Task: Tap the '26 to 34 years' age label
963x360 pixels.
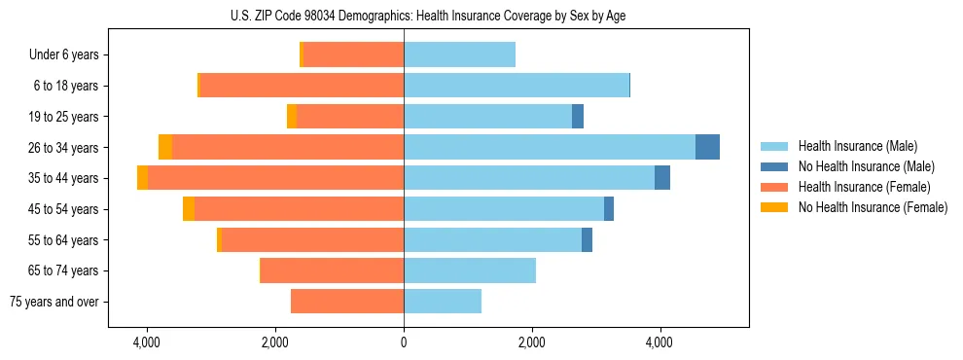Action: [x=63, y=148]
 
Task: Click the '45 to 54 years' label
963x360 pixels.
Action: [x=63, y=209]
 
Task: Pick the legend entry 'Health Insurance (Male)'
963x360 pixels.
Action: [x=857, y=146]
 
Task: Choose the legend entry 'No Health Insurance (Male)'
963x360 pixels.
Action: [x=866, y=166]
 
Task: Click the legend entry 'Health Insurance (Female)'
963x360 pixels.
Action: [x=863, y=187]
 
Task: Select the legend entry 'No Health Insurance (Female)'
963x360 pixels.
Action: [x=873, y=207]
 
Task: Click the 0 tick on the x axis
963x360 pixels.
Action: [x=404, y=342]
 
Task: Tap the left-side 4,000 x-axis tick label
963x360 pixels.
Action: [x=147, y=342]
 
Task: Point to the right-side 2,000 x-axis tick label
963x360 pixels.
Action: [x=532, y=342]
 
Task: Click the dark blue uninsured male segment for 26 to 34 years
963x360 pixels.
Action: [x=707, y=147]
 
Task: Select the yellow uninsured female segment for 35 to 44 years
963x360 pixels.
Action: [x=143, y=178]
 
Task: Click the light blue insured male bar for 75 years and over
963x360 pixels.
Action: [x=443, y=302]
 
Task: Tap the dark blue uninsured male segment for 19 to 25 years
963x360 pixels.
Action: [x=578, y=117]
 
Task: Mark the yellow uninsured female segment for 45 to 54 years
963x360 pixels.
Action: [x=189, y=209]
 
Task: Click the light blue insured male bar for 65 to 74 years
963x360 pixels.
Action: [x=470, y=270]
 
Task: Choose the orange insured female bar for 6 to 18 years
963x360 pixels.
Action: [x=302, y=86]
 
